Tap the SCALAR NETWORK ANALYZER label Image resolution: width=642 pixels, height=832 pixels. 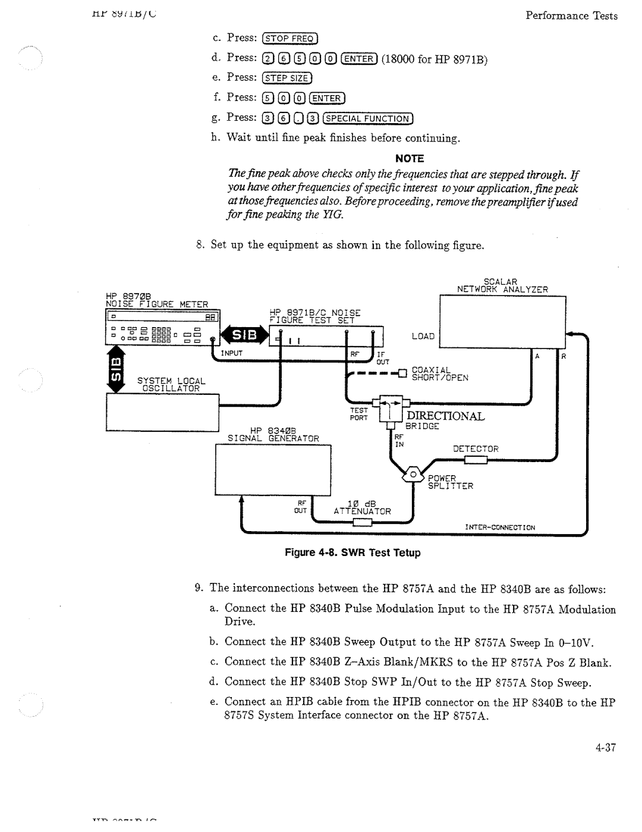[502, 285]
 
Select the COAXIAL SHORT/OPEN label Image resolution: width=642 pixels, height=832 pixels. [440, 373]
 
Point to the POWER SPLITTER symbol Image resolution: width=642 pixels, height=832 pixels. [411, 475]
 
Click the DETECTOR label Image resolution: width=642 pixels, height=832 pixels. [476, 448]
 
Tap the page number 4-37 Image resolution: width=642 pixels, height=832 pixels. [603, 746]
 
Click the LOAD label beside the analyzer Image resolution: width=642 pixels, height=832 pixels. [423, 336]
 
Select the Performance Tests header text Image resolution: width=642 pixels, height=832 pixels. [571, 16]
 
